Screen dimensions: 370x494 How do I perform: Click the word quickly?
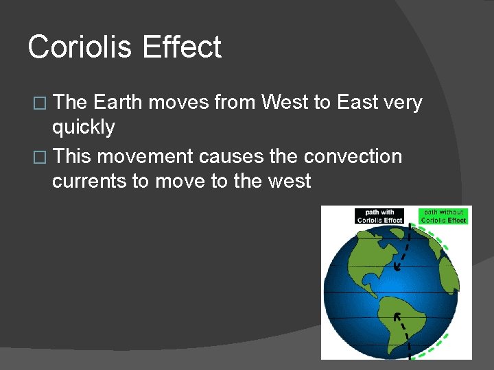pos(83,127)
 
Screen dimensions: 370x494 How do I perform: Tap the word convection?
pos(353,156)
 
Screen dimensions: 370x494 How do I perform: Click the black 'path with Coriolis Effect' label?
pos(379,217)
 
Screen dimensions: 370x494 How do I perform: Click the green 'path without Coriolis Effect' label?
pos(443,217)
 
